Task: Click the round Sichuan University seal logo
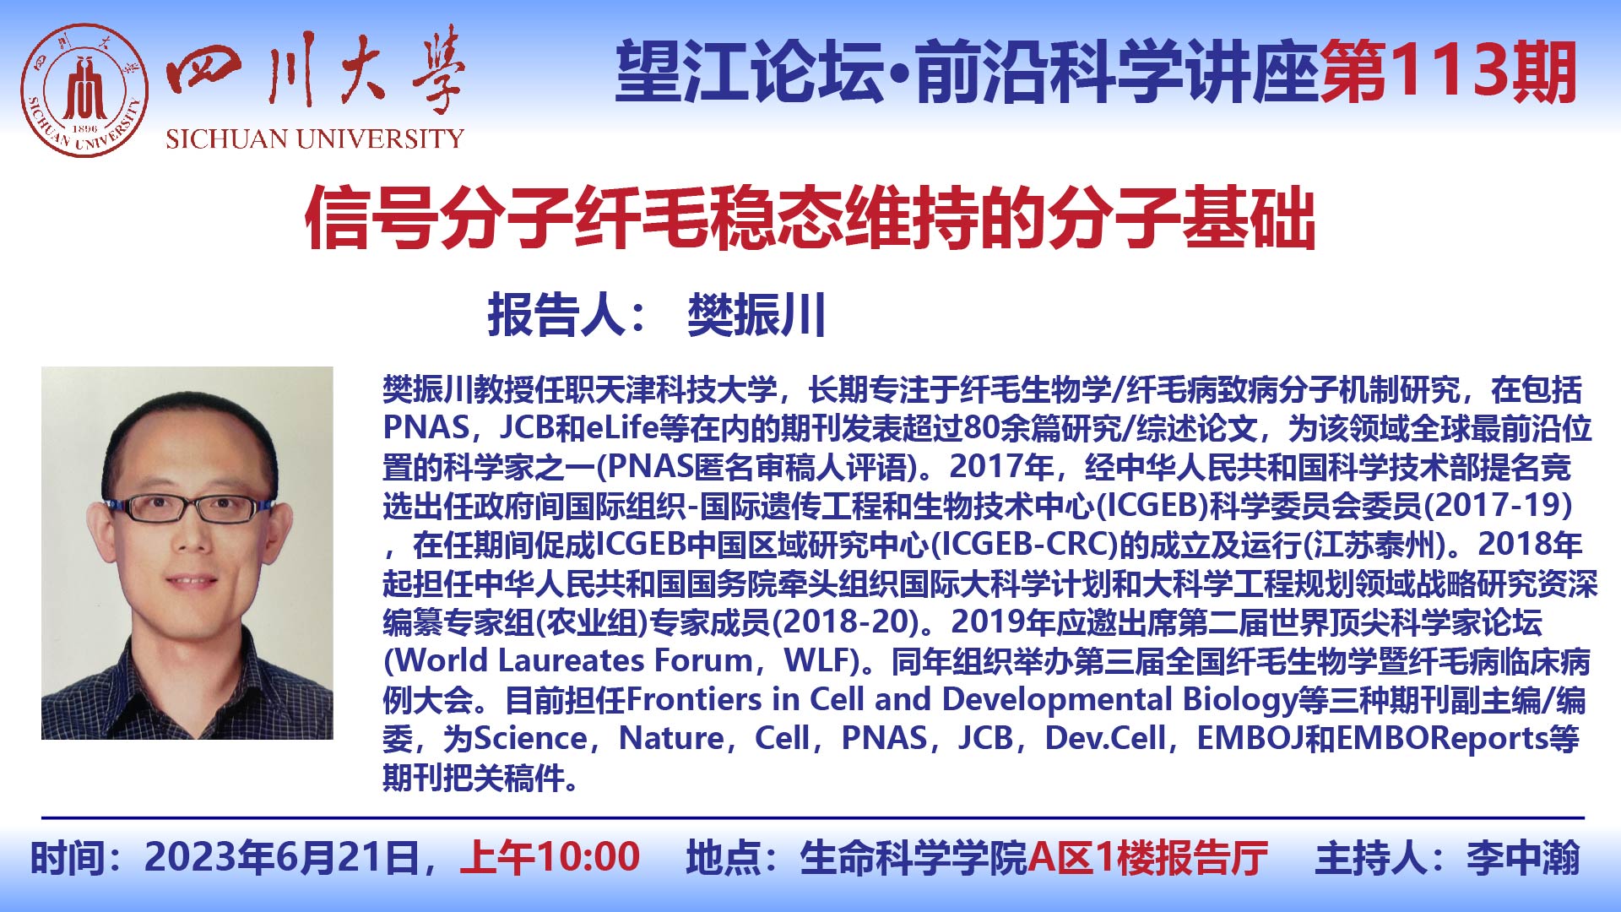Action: [x=84, y=91]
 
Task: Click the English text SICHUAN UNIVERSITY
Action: [x=315, y=138]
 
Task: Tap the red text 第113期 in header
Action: [x=1449, y=73]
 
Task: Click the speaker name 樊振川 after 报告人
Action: [x=756, y=316]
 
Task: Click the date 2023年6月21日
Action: [x=282, y=858]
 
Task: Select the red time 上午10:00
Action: [x=550, y=858]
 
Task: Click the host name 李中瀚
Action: [x=1523, y=858]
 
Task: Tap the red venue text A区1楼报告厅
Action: [x=1148, y=858]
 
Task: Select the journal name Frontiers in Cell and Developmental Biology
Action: [x=962, y=700]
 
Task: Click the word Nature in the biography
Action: [x=671, y=738]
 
